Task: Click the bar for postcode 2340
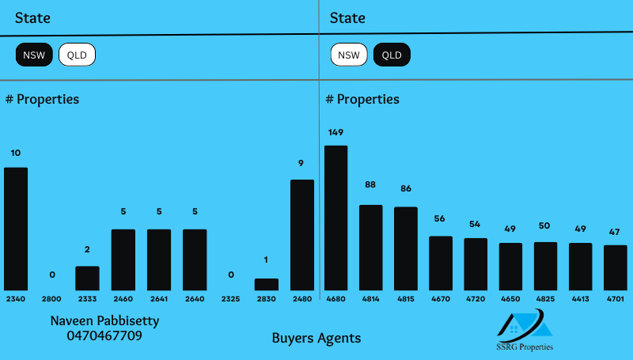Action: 16,229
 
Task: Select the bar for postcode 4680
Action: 335,218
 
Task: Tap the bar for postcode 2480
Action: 301,235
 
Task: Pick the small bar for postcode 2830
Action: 266,284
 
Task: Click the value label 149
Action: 335,132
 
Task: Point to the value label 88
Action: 370,184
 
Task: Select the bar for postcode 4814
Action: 370,248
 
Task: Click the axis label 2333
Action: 87,300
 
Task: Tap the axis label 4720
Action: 476,300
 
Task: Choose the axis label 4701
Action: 616,300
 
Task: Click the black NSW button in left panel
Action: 34,55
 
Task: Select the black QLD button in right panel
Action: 392,55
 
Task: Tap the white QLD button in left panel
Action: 77,55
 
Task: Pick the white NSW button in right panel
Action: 349,55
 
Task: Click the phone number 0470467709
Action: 104,335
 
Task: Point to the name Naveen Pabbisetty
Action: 104,320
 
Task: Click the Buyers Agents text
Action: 316,338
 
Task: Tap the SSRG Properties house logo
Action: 525,326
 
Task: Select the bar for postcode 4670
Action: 441,263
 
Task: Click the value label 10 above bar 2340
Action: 16,153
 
